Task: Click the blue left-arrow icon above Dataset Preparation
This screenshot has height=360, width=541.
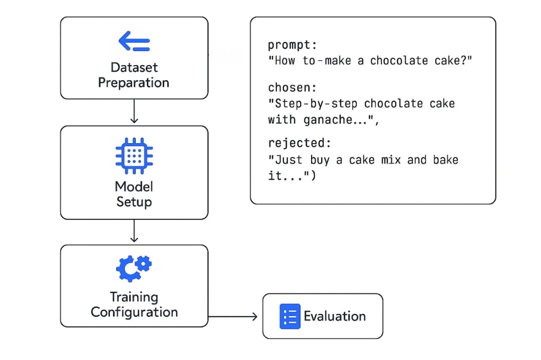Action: point(134,41)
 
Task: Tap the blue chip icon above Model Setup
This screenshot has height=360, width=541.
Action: point(134,156)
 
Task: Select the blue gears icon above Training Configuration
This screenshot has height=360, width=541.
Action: point(134,268)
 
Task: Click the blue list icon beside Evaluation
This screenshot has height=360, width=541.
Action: point(290,316)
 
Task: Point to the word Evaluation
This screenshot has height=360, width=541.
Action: point(335,316)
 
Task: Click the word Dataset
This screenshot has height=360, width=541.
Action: point(134,67)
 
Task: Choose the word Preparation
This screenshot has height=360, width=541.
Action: point(134,83)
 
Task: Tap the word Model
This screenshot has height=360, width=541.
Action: point(134,187)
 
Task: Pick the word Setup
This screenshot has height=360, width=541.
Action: point(134,202)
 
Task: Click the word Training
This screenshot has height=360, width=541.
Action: point(134,297)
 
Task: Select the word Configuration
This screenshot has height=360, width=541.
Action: point(134,312)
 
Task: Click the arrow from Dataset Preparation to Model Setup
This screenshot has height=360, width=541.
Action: point(134,111)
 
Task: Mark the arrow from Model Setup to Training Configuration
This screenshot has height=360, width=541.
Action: point(134,231)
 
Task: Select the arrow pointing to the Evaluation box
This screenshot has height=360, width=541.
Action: point(233,316)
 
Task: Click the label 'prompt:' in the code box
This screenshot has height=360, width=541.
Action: point(292,45)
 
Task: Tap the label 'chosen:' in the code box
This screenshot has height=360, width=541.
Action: point(292,88)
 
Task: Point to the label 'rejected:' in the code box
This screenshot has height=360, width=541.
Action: point(300,143)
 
